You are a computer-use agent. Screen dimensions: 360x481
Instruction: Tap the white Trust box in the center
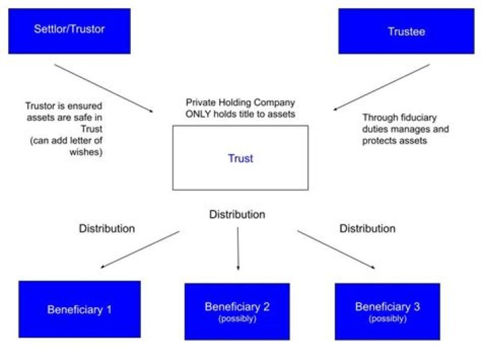pos(240,158)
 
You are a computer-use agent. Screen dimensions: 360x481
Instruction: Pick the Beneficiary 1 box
pos(79,309)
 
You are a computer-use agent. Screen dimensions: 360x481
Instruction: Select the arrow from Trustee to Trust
pos(381,87)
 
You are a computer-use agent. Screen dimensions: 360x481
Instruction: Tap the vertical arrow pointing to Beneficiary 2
pos(238,248)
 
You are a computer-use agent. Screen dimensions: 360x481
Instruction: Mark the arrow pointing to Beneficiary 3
pos(336,250)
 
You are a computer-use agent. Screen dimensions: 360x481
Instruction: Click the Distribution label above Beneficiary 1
pos(107,228)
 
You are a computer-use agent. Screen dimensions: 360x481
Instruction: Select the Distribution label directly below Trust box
pos(237,214)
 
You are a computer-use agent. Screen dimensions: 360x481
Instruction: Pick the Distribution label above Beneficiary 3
pos(367,228)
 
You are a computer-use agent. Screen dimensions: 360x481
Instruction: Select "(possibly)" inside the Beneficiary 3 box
pos(387,319)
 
